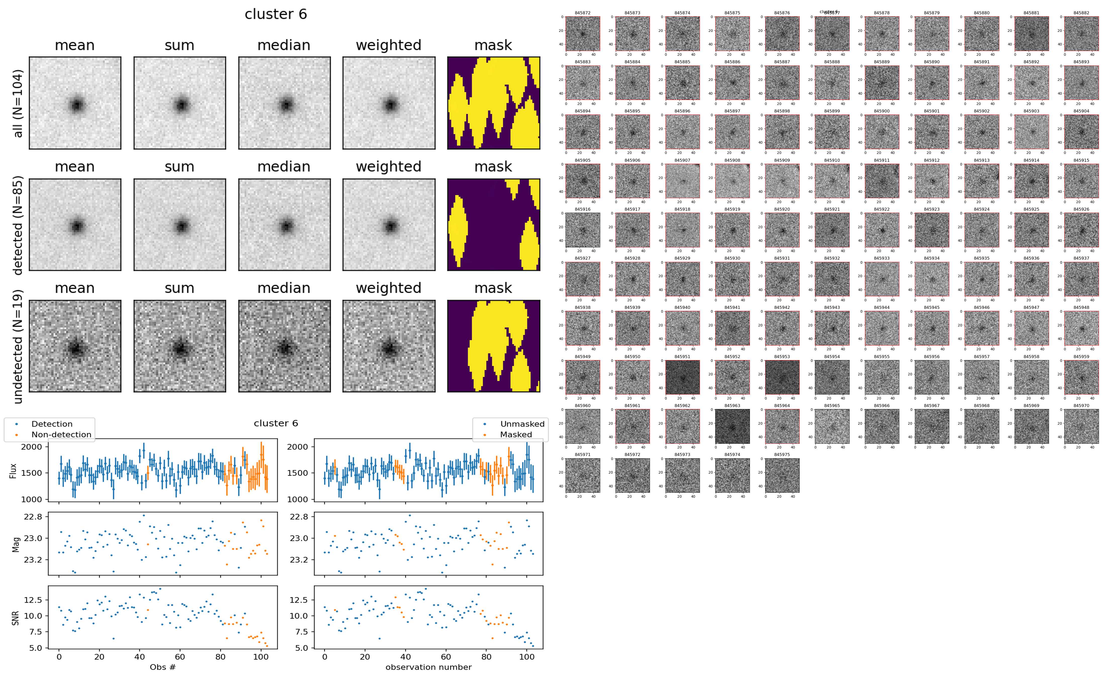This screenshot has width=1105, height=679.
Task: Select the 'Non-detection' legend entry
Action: pyautogui.click(x=61, y=434)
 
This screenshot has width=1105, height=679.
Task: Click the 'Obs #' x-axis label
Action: pyautogui.click(x=162, y=667)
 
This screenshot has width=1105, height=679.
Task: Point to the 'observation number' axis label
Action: pyautogui.click(x=428, y=667)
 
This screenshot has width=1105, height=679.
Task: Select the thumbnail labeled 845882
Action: pyautogui.click(x=1081, y=34)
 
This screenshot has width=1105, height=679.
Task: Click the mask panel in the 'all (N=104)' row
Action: pyautogui.click(x=493, y=103)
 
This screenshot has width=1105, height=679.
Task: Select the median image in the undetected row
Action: pyautogui.click(x=284, y=346)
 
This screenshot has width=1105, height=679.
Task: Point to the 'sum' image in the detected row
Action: pyautogui.click(x=180, y=224)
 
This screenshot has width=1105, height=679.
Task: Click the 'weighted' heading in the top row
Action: pyautogui.click(x=389, y=45)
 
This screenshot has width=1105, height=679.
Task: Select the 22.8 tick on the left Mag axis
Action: pyautogui.click(x=33, y=517)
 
